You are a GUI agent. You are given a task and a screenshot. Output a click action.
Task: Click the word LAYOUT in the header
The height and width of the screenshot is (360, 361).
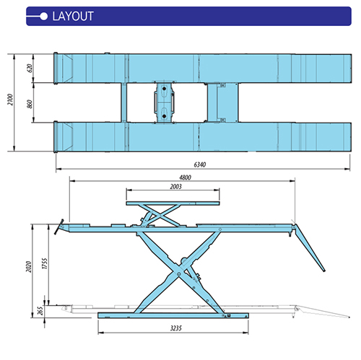[x=73, y=17]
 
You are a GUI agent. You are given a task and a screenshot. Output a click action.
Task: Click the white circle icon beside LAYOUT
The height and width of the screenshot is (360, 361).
[x=44, y=17]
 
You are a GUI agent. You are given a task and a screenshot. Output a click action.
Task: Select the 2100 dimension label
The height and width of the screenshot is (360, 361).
[x=10, y=100]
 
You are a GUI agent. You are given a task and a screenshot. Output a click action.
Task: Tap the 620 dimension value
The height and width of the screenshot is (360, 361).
[x=30, y=68]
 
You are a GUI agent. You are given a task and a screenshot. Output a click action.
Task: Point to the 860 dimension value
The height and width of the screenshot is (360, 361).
[x=30, y=104]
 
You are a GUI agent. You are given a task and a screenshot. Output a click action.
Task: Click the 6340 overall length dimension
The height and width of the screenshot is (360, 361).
[x=200, y=164]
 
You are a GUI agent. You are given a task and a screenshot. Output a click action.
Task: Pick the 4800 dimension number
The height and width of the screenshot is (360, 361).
[x=185, y=177]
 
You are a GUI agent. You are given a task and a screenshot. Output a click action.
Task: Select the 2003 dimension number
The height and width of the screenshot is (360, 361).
[x=175, y=186]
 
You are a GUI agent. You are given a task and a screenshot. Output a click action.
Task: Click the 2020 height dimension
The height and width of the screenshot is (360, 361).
[x=29, y=267]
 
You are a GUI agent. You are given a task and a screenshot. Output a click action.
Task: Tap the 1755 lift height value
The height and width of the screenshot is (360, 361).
[x=45, y=263]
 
